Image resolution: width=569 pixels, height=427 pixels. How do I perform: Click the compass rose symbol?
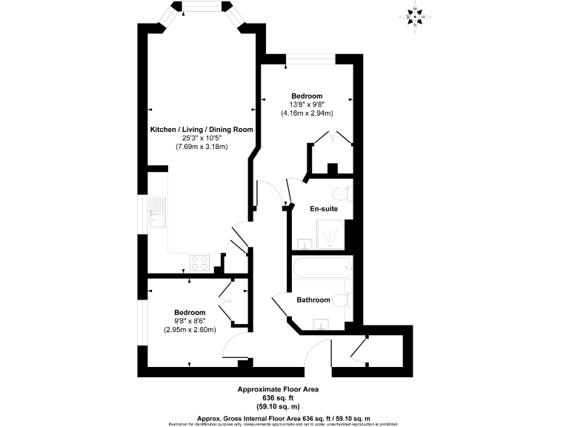(416, 16)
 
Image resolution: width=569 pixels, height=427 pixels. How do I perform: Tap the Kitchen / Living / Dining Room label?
(202, 129)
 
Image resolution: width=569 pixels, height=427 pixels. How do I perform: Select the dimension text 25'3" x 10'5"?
(202, 138)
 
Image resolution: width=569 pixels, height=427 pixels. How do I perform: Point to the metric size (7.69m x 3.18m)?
(202, 147)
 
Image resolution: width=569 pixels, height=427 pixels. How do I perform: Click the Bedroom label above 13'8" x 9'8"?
(307, 96)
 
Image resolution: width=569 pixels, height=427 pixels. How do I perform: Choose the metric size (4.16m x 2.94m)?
(307, 113)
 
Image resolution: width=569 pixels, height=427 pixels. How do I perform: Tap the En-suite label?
(324, 209)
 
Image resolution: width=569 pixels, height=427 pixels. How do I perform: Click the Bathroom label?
(313, 300)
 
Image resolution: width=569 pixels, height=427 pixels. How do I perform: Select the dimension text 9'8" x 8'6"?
(190, 321)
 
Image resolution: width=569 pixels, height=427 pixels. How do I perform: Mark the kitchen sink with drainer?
(158, 214)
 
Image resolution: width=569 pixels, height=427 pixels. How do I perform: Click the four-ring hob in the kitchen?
(199, 262)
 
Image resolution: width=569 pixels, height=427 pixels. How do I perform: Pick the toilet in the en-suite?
(342, 194)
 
